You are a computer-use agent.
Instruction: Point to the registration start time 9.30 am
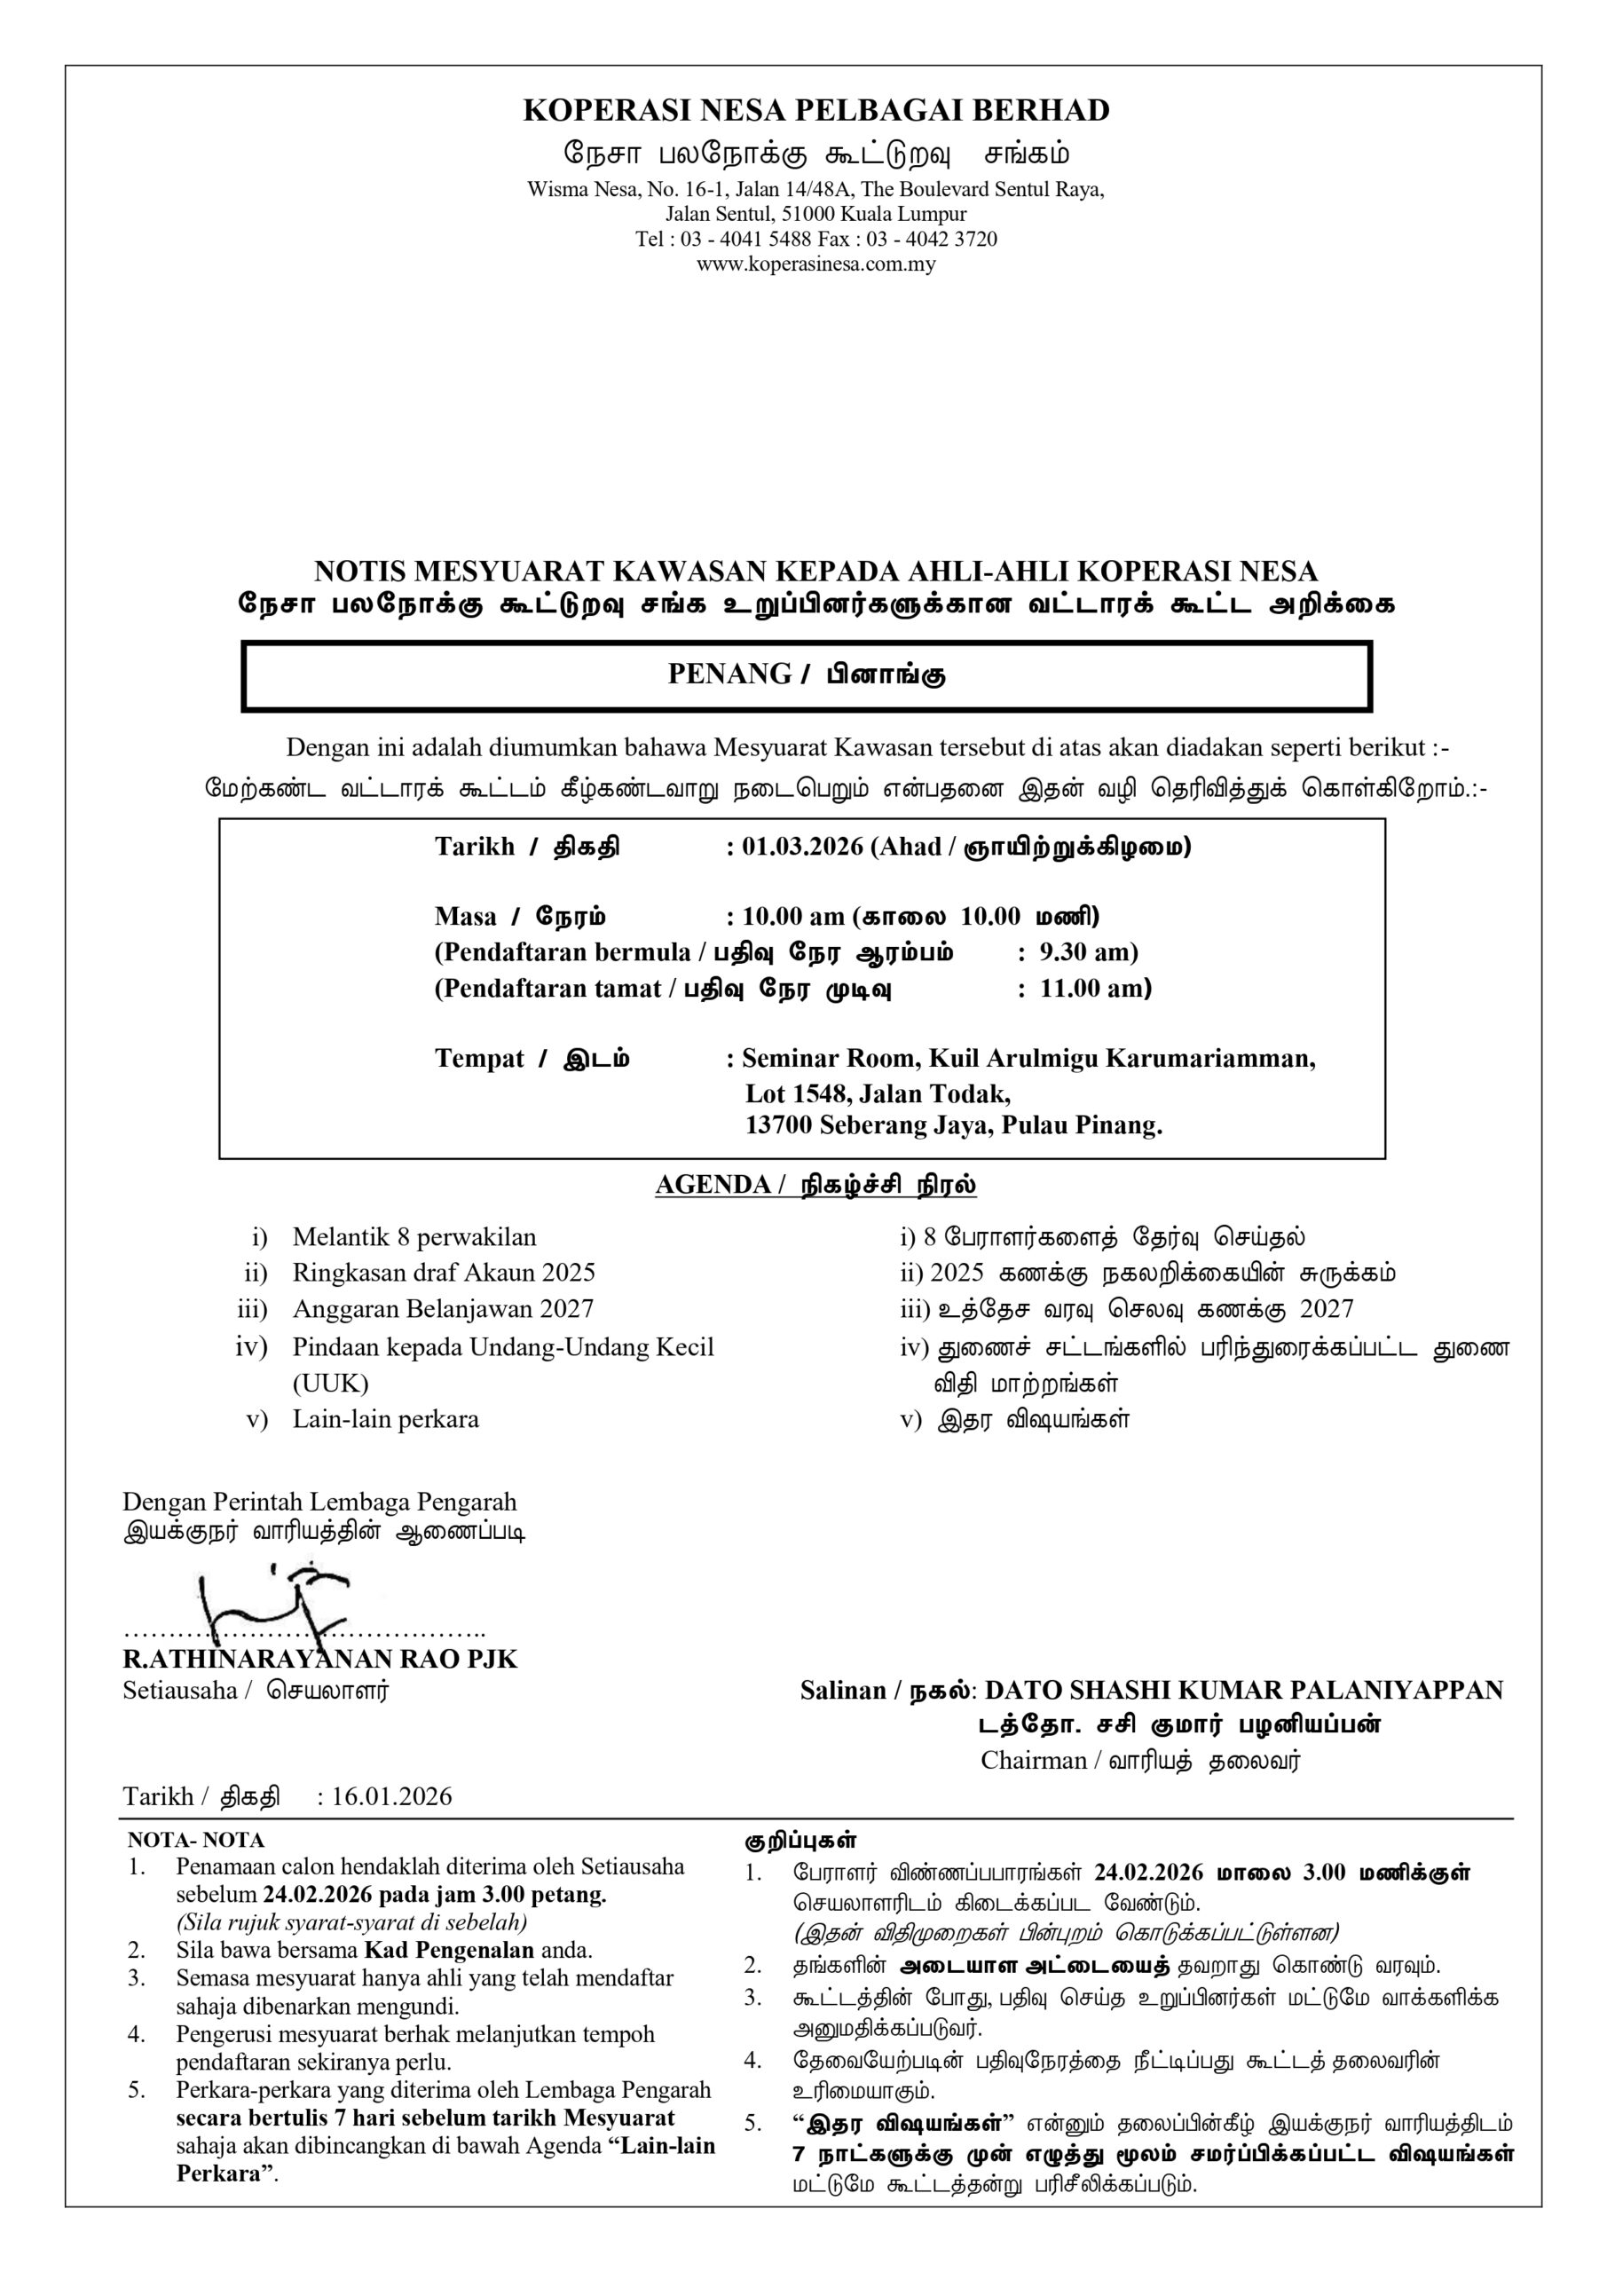click(1084, 952)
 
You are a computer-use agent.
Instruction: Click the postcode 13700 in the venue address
click(780, 1125)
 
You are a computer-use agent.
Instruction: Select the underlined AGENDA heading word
click(713, 1185)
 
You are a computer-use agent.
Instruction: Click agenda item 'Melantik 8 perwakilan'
click(414, 1237)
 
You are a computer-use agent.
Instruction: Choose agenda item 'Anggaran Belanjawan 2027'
click(442, 1309)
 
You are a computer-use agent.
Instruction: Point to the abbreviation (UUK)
click(330, 1383)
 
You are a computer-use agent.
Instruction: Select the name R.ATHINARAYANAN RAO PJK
click(319, 1659)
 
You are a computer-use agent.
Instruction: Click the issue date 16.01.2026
click(392, 1796)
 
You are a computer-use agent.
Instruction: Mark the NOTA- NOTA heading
click(196, 1841)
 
